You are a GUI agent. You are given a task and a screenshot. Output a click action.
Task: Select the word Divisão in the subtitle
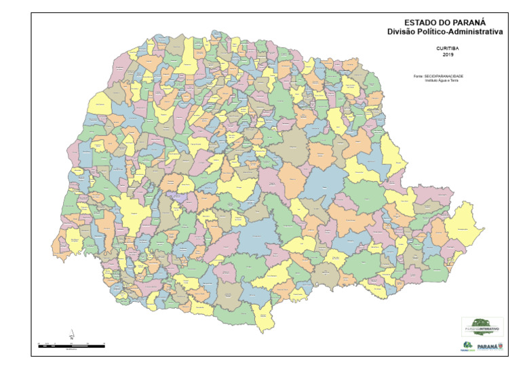pos(402,31)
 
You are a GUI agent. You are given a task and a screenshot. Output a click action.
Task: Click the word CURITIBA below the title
pos(447,49)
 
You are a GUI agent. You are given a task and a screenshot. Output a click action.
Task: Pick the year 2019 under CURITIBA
pos(447,55)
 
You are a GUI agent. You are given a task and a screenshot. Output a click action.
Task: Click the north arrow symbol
pos(71,334)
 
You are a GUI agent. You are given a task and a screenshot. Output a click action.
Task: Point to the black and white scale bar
pos(71,346)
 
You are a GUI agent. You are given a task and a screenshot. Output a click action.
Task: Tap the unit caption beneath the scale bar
pos(71,350)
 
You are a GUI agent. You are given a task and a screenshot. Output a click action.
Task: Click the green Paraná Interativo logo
pos(482,325)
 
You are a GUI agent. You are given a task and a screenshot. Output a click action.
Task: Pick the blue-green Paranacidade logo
pos(467,346)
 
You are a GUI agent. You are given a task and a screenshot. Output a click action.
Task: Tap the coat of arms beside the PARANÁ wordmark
pos(501,346)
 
